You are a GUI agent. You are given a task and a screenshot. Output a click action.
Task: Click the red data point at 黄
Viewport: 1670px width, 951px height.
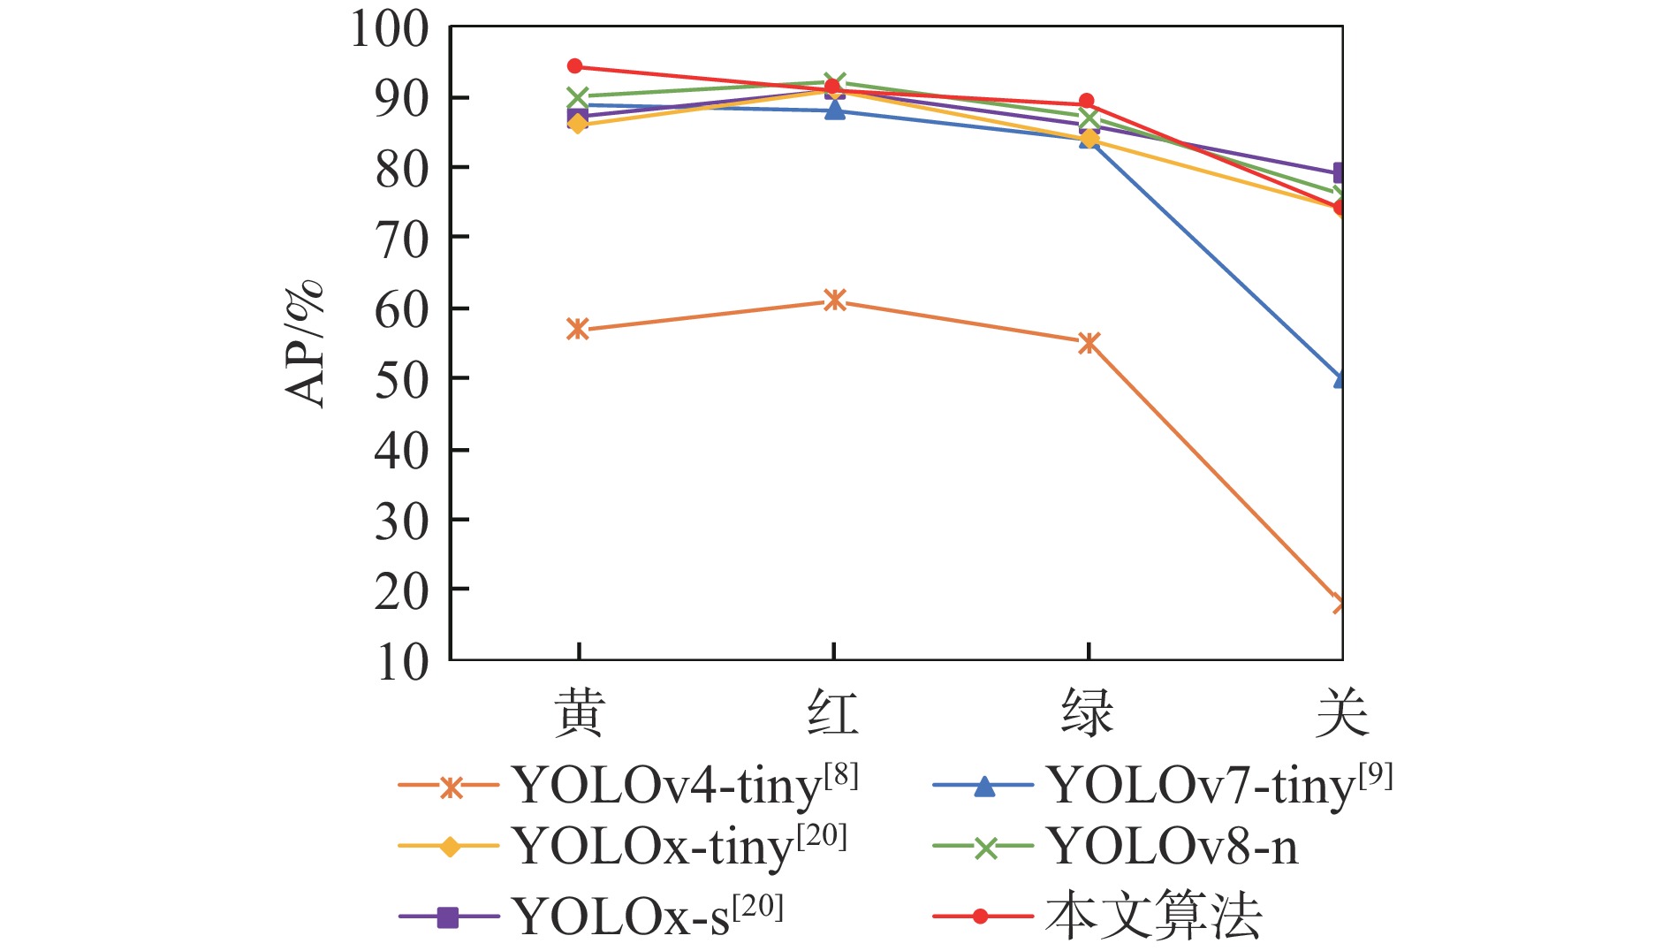click(575, 66)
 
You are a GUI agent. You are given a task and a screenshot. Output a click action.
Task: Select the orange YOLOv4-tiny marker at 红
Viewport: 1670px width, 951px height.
click(834, 301)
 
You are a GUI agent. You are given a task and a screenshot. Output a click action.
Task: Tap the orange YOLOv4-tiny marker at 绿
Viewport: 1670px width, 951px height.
click(1089, 343)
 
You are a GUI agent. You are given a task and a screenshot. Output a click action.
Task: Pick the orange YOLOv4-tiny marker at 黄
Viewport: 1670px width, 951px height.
click(578, 330)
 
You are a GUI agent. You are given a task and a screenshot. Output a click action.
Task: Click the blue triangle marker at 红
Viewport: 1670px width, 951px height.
click(834, 110)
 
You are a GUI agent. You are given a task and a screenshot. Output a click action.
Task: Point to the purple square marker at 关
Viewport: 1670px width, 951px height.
click(1340, 172)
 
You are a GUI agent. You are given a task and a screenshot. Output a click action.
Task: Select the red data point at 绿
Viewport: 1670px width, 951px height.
click(1087, 102)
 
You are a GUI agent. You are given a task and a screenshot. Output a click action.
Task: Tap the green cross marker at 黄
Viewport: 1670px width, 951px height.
click(578, 97)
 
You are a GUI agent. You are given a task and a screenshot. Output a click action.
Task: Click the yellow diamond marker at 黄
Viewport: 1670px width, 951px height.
click(578, 124)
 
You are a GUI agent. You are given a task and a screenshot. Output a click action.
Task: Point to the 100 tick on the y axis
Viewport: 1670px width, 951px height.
click(390, 28)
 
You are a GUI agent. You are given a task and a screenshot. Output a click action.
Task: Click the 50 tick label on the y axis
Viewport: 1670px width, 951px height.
click(401, 379)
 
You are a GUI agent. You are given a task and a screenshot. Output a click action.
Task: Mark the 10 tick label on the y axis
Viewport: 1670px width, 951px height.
click(401, 661)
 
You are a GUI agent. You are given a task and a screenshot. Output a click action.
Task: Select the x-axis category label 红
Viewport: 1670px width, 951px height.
click(832, 714)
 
